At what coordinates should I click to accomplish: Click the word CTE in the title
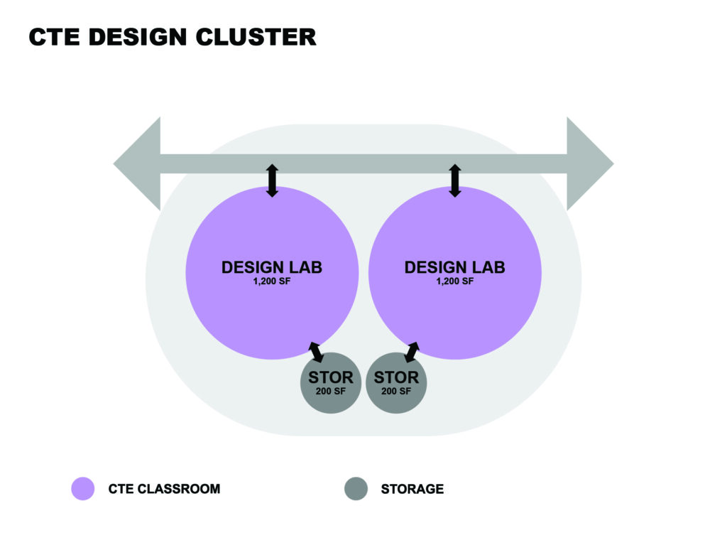coord(53,37)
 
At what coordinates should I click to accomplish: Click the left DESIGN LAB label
coord(271,267)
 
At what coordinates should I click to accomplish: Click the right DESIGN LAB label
coord(454,267)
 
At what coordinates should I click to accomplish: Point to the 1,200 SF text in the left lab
coord(271,281)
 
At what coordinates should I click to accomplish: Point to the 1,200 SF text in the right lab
coord(454,281)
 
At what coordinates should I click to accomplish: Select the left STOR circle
coord(331,382)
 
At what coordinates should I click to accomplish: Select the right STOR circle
coord(396,382)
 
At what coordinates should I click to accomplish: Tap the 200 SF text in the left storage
coord(331,392)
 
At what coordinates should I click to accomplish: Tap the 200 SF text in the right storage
coord(396,392)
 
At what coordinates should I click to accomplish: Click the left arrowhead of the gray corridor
coord(138,164)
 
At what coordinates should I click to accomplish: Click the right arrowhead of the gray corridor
coord(589,164)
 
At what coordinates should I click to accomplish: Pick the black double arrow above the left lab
coord(272,181)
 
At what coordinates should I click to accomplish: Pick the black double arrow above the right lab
coord(455,181)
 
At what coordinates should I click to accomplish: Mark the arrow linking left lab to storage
coord(316,351)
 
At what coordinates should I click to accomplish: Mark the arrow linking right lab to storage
coord(411,351)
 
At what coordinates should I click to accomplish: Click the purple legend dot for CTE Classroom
coord(83,489)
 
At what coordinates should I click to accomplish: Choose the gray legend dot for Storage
coord(356,489)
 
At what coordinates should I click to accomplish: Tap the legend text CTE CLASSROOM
coord(164,489)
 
